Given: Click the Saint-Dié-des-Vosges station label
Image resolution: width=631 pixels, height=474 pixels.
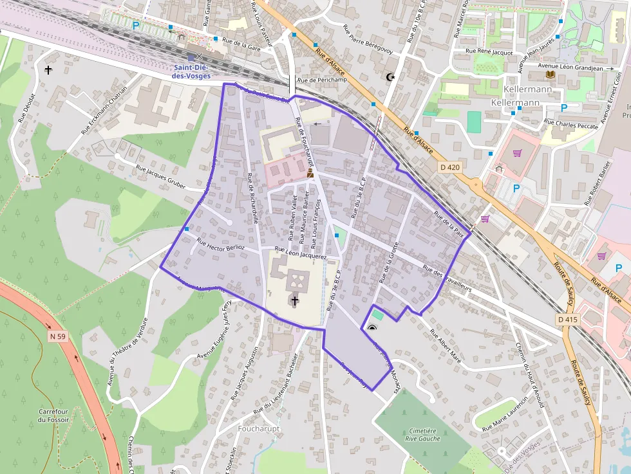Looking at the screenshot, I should coord(191,71).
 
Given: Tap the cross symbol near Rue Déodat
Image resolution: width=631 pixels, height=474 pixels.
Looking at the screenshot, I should coord(48,69).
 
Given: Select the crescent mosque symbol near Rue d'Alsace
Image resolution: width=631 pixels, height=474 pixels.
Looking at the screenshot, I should coord(389,77).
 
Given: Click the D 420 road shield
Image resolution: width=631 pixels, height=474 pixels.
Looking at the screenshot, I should coord(450,167).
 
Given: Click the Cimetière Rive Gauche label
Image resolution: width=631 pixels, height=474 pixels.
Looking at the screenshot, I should coord(423,434).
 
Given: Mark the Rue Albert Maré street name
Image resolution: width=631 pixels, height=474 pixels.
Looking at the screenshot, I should coord(446,347).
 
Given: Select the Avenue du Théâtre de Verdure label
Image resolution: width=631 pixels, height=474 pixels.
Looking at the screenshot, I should coord(127,352).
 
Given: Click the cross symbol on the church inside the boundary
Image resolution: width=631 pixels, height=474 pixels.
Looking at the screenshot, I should coord(295,300).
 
